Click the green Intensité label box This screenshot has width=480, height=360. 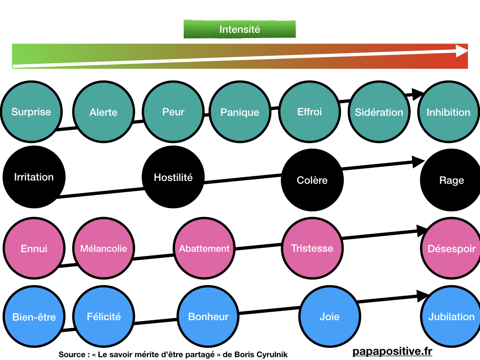(240, 29)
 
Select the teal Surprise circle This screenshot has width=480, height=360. (31, 112)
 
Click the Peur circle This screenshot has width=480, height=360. (173, 112)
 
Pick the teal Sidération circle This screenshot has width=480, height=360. (379, 112)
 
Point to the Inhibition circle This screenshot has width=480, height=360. (448, 112)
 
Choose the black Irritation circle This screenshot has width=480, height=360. (34, 177)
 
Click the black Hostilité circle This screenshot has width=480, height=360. (173, 177)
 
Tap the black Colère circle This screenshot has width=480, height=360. (312, 180)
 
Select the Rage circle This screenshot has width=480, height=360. (451, 180)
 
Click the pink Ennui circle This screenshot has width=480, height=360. (34, 248)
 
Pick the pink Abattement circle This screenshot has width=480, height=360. (204, 248)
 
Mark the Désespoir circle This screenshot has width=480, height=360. (451, 248)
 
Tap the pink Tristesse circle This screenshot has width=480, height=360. (312, 248)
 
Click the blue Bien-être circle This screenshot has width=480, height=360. (34, 317)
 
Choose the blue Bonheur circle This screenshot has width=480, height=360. (208, 317)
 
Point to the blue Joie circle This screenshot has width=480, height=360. (330, 317)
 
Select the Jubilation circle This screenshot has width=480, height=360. (451, 317)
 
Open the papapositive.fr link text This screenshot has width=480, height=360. (392, 352)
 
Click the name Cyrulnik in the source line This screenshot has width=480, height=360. (271, 355)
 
